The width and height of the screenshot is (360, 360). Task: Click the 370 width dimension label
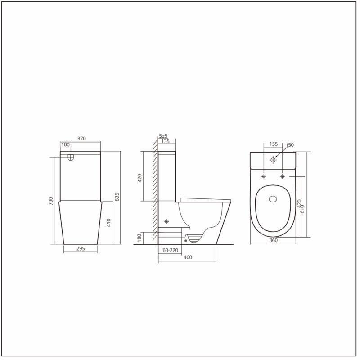81,139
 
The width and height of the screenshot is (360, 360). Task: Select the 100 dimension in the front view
65,144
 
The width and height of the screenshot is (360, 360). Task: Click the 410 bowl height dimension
108,223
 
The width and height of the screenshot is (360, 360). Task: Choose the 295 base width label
81,248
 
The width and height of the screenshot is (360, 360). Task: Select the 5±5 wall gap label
163,136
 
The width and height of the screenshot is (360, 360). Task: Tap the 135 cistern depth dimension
165,141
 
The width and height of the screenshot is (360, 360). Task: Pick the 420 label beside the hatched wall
139,177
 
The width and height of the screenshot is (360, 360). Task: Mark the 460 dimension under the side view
188,257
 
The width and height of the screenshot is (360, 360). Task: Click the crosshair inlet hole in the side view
167,221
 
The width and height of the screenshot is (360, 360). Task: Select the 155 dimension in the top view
273,144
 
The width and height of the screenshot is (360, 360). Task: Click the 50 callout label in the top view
291,145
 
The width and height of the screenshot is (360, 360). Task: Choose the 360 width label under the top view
273,240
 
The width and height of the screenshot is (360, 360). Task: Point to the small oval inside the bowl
273,198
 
